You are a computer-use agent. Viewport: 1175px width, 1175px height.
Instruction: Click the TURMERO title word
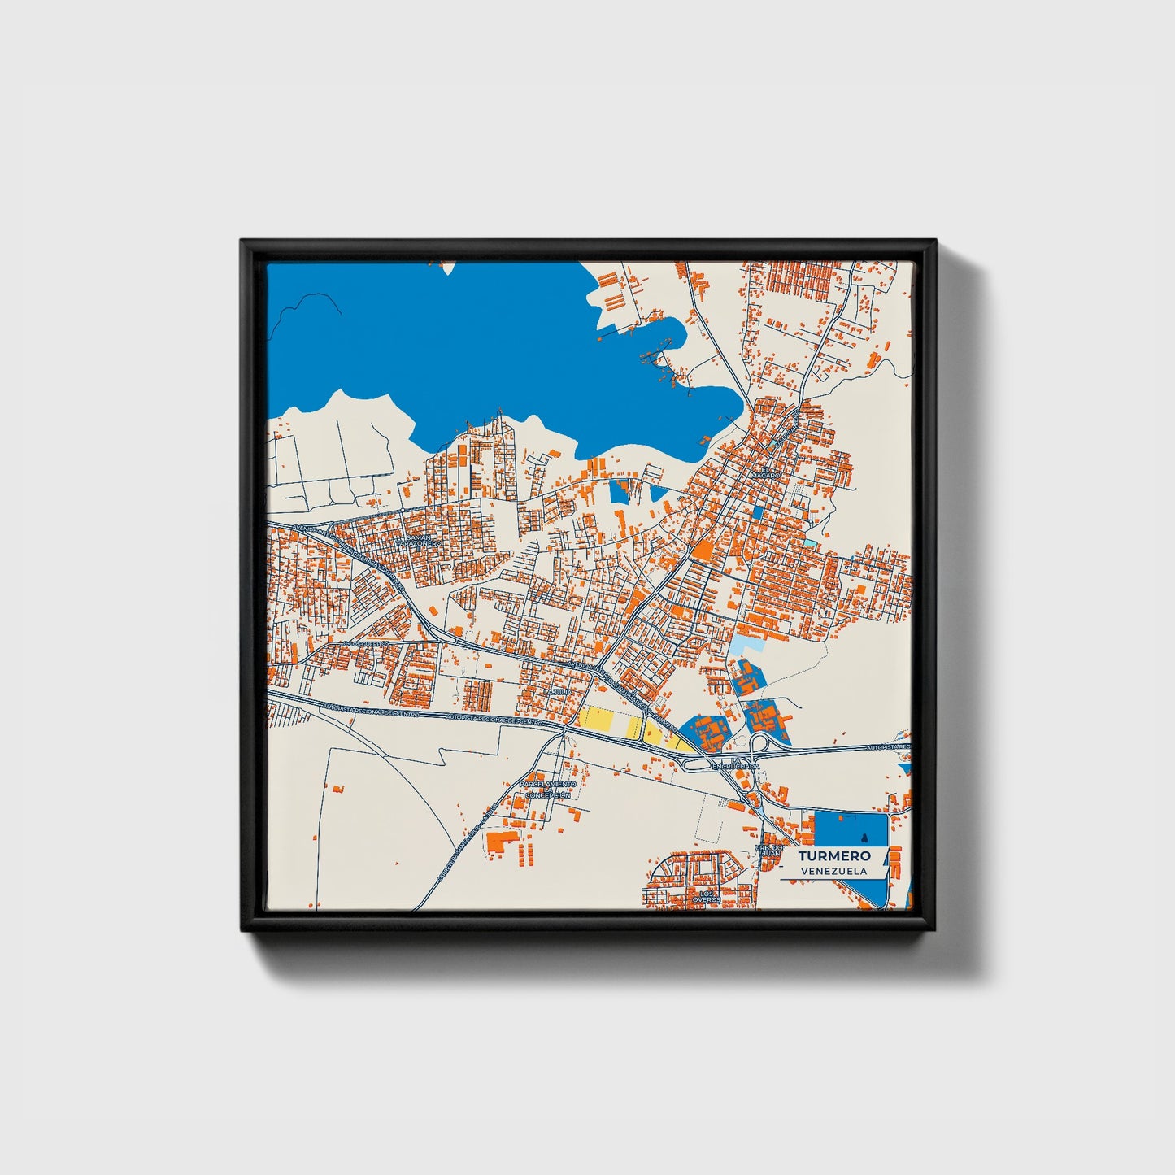[x=834, y=855]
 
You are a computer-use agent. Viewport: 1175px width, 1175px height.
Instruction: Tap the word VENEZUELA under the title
[x=833, y=871]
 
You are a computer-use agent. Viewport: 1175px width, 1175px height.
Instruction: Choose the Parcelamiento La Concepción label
[x=548, y=789]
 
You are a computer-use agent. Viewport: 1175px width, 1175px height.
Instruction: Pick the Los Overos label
[x=705, y=897]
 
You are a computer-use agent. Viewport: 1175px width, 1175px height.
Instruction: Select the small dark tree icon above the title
[x=864, y=838]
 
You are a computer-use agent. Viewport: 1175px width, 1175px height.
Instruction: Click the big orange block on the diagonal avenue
[x=701, y=551]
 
